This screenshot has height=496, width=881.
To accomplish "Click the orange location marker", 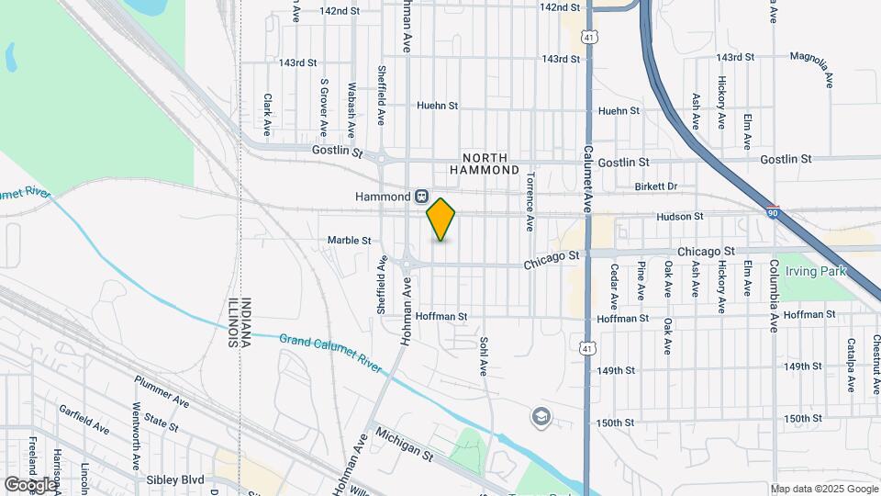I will pos(441,220).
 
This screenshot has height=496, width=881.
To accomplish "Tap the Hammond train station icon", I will pos(421,197).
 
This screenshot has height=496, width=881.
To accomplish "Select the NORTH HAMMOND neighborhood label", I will pos(485,163).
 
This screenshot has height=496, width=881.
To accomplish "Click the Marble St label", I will pos(349,241).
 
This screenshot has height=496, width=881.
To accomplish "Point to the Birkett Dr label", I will pos(655,186).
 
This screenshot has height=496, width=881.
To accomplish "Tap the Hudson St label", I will pos(680,217).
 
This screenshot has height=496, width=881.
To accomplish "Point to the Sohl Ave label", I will pos(483,356).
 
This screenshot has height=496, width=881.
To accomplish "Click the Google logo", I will pos(29,484).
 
